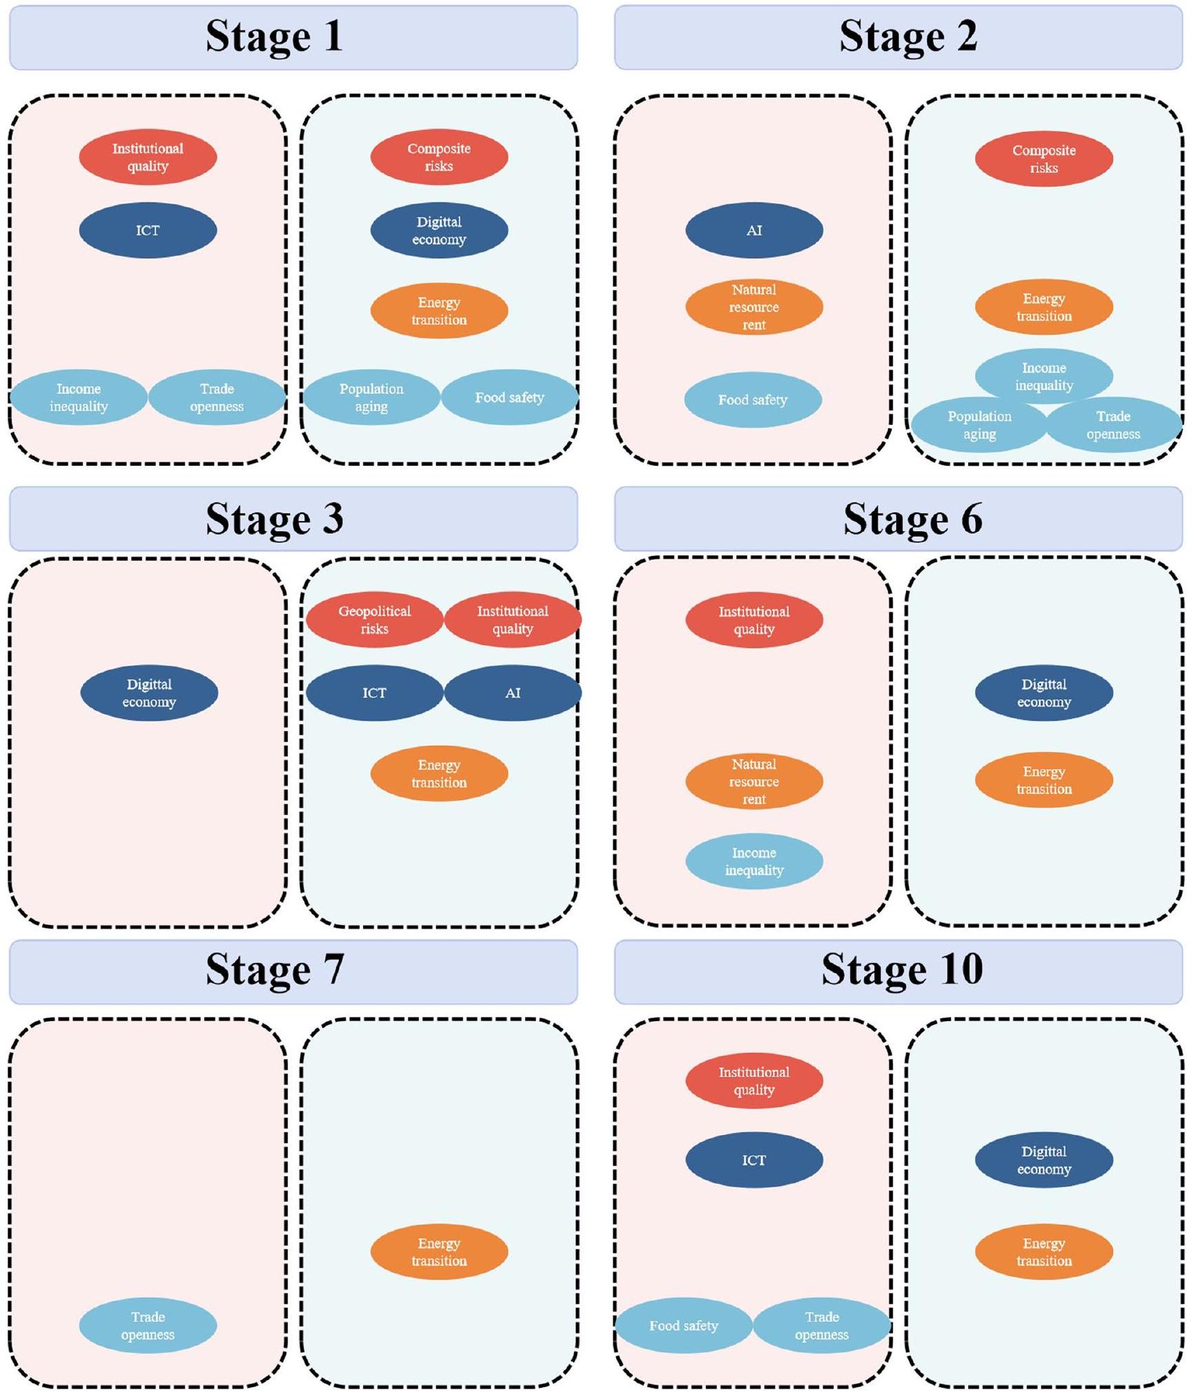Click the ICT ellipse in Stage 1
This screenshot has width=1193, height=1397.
(x=148, y=230)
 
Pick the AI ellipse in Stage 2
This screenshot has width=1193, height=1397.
(x=753, y=230)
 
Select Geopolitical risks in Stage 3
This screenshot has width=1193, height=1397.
(x=374, y=620)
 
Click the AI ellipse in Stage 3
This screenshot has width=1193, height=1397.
(x=512, y=693)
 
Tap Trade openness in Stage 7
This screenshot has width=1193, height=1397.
(x=148, y=1325)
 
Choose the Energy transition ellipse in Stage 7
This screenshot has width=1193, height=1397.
(x=439, y=1251)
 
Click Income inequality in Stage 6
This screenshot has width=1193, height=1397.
(x=753, y=861)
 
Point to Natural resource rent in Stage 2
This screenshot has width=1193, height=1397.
(x=753, y=307)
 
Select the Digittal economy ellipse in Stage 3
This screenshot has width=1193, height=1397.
(x=149, y=693)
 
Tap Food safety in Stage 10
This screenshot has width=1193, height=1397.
(x=683, y=1325)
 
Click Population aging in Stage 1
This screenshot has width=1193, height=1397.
(x=371, y=397)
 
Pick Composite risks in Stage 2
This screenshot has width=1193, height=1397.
(x=1043, y=159)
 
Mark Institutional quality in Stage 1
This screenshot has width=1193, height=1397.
(x=148, y=157)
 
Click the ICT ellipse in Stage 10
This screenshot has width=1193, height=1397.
(x=753, y=1160)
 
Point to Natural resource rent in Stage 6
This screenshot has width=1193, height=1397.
(x=753, y=781)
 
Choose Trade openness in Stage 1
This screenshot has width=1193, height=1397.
(x=217, y=397)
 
